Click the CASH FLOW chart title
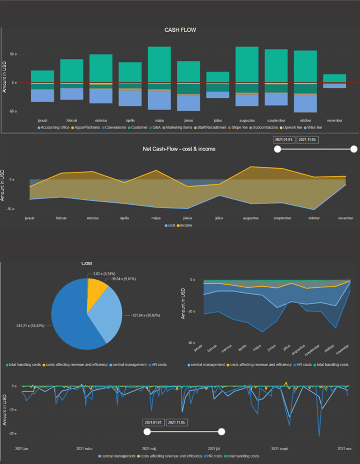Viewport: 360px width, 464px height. coord(180,30)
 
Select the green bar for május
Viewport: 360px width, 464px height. coord(160,64)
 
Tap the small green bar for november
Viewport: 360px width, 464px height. coord(335,78)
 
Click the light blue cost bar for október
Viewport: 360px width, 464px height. coord(306,103)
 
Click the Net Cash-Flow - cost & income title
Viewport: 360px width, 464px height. coord(179,149)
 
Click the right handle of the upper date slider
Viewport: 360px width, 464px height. coord(353,149)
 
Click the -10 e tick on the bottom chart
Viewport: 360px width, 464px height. coord(13,409)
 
